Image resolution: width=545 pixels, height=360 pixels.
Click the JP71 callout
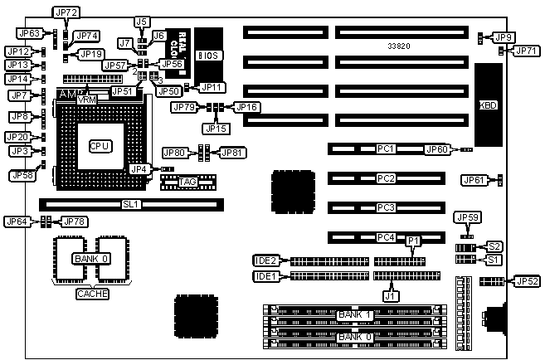tap(526, 51)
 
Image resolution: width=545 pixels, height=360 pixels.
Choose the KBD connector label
tap(488, 105)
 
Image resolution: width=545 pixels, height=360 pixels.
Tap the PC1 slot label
tap(385, 149)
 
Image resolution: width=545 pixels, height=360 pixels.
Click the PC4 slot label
tap(385, 237)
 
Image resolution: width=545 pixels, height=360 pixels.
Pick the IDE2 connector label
tap(265, 260)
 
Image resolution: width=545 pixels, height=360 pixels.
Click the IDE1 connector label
tap(265, 276)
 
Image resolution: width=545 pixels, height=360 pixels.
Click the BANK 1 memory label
tap(354, 314)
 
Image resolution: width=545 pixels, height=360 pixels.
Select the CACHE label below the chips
tap(92, 293)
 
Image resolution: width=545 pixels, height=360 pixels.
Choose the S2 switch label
tap(494, 246)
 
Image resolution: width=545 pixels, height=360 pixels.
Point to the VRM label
tap(86, 99)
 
